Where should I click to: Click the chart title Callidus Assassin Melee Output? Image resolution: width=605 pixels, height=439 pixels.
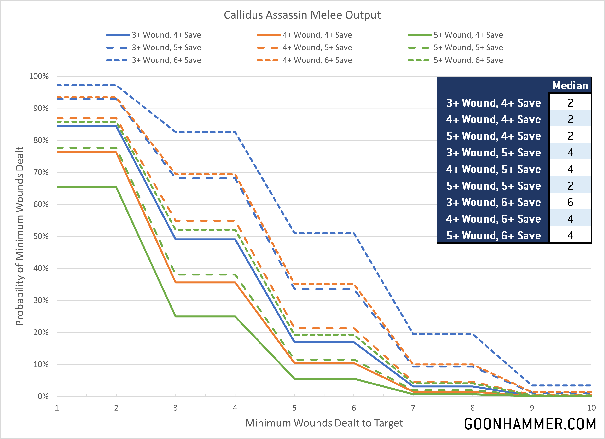302,15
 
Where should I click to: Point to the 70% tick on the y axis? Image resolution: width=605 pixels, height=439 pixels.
41,172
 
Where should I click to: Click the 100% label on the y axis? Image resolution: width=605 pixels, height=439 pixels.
39,76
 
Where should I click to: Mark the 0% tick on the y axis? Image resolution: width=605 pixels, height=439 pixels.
43,396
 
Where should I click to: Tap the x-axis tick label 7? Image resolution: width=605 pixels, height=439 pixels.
413,408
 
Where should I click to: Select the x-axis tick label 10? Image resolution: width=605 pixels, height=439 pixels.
591,408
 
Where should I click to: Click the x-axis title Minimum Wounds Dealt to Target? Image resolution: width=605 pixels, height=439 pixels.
324,423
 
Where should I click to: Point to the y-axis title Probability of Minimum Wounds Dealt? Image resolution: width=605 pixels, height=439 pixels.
20,236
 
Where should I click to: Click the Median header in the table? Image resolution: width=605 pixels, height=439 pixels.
570,86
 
